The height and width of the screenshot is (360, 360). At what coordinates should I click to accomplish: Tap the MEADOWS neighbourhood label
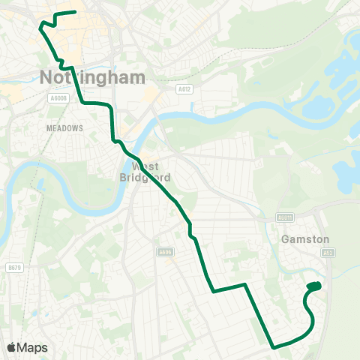(x=64, y=128)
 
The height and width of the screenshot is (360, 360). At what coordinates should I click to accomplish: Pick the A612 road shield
(x=184, y=88)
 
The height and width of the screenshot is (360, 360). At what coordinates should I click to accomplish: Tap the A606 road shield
(x=166, y=252)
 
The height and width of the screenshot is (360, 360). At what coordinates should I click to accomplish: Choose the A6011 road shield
(x=283, y=218)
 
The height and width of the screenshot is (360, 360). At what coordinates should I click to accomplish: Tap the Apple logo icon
(x=11, y=347)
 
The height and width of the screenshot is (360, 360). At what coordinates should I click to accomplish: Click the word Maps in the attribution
(x=33, y=347)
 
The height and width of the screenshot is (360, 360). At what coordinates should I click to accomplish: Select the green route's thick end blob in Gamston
(x=314, y=286)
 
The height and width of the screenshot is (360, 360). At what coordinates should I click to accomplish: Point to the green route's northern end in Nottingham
(x=75, y=12)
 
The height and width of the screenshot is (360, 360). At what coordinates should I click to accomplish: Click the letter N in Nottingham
(x=44, y=76)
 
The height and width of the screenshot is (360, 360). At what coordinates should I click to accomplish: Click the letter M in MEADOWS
(x=49, y=128)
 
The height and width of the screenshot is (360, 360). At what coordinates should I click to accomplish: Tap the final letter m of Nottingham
(x=137, y=77)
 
